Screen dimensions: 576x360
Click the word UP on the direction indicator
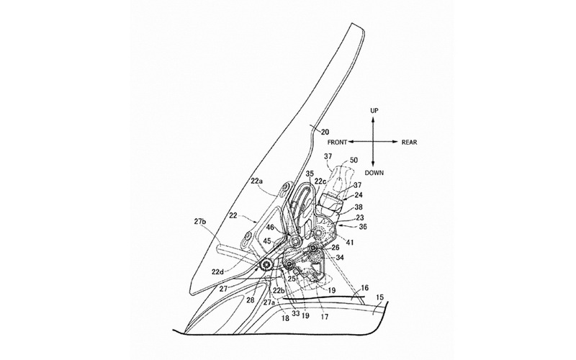pyautogui.click(x=374, y=111)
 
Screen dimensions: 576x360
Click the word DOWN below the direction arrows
pyautogui.click(x=374, y=173)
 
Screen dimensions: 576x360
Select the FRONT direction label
pyautogui.click(x=337, y=142)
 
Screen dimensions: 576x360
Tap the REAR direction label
pyautogui.click(x=409, y=142)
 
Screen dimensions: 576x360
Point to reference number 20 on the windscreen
pyautogui.click(x=325, y=132)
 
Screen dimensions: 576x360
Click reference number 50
pyautogui.click(x=354, y=160)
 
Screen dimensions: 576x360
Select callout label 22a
pyautogui.click(x=257, y=181)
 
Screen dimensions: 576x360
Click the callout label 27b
pyautogui.click(x=200, y=221)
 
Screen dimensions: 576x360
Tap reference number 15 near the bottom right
pyautogui.click(x=379, y=297)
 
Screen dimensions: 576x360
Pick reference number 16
pyautogui.click(x=364, y=288)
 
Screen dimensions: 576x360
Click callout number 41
pyautogui.click(x=350, y=242)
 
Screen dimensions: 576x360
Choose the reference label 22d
pyautogui.click(x=217, y=271)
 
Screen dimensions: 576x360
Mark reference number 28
pyautogui.click(x=250, y=300)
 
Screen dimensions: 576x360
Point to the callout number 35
pyautogui.click(x=310, y=172)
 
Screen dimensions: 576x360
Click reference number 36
pyautogui.click(x=363, y=227)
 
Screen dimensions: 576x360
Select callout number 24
pyautogui.click(x=358, y=194)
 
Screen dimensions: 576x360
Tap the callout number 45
pyautogui.click(x=267, y=241)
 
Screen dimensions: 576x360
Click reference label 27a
pyautogui.click(x=269, y=302)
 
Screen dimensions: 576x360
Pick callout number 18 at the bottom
pyautogui.click(x=285, y=318)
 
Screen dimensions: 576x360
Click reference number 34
pyautogui.click(x=340, y=258)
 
